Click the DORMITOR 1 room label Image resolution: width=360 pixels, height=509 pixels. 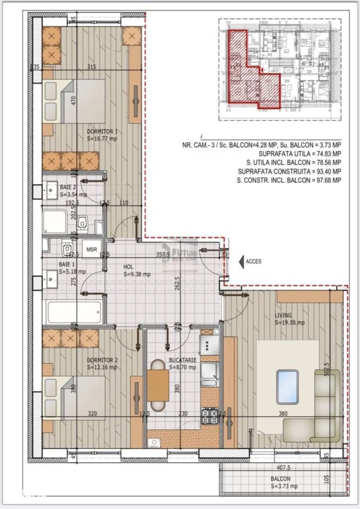[102, 131]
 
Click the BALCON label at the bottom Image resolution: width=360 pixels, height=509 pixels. [281, 479]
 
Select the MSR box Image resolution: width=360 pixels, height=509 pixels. [92, 250]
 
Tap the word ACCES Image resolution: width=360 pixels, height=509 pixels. [253, 261]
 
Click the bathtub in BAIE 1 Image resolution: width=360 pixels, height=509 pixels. [73, 312]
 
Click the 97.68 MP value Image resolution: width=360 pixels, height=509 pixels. [329, 181]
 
